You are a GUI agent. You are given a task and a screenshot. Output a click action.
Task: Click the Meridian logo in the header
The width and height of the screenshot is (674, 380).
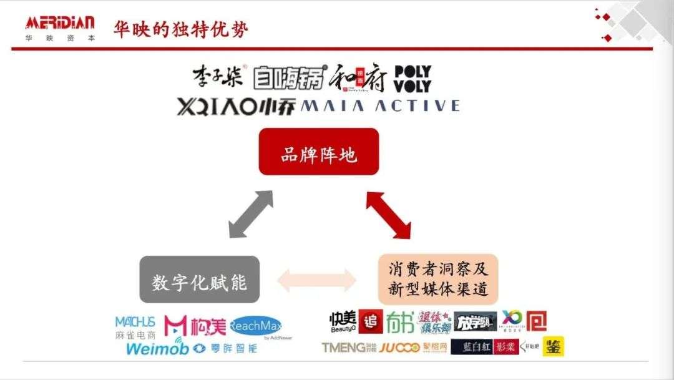60,28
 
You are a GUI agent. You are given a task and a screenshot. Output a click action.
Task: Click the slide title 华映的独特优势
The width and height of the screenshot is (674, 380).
181,29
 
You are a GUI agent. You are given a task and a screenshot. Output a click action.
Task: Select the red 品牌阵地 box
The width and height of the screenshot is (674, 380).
318,152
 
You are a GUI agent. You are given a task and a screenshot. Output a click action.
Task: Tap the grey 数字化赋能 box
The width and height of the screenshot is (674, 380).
199,280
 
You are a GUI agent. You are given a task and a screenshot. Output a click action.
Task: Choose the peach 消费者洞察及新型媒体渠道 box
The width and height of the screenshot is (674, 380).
437,279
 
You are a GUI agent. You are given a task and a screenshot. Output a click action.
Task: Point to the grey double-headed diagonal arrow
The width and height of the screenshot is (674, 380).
251,214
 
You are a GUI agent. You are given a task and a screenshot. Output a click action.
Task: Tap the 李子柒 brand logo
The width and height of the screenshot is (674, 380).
219,77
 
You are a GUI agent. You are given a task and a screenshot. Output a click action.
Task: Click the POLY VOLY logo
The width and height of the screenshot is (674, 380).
413,79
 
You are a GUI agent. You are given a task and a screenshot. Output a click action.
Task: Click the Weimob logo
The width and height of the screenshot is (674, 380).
157,347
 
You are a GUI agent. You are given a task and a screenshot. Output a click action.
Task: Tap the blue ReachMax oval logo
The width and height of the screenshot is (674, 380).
256,326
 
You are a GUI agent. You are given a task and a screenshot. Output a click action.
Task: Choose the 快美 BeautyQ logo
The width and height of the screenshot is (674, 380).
343,322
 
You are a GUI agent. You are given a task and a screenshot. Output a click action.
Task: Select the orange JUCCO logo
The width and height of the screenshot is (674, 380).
399,348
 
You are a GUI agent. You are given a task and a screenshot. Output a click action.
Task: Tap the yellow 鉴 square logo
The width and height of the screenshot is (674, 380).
553,346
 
